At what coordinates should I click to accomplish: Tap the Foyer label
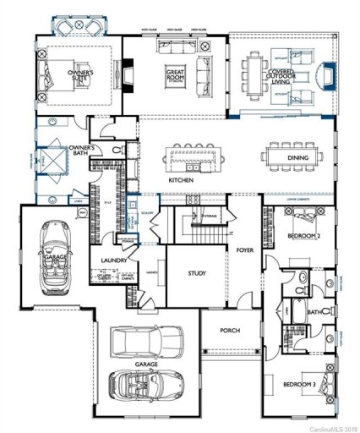[x=245, y=249]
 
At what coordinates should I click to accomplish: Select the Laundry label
[x=112, y=260]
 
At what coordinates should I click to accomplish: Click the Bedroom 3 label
[x=298, y=384]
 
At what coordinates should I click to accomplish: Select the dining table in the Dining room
[x=290, y=156]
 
